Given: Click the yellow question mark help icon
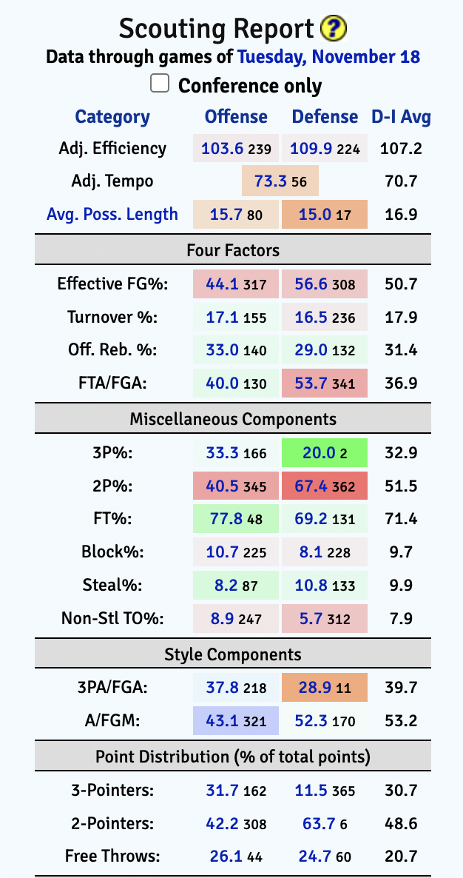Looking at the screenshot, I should click(x=334, y=29).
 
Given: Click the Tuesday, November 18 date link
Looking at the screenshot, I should click(x=328, y=56).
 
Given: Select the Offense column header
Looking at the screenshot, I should click(x=236, y=117).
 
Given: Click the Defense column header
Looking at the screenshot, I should click(x=325, y=117).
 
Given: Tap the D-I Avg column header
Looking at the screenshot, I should click(x=401, y=117).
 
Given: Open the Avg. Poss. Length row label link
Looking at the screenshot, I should click(x=112, y=214).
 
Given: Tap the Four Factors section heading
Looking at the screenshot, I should click(x=233, y=250).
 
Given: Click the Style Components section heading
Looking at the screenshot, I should click(x=233, y=654).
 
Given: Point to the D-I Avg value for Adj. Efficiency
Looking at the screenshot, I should click(x=401, y=148).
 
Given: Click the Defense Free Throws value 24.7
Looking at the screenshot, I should click(x=311, y=857).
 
